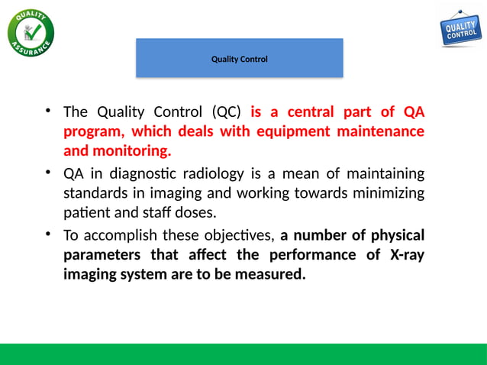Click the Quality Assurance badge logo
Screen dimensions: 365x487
click(x=31, y=31)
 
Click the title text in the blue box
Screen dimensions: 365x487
click(x=239, y=59)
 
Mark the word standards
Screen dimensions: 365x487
click(x=95, y=191)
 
